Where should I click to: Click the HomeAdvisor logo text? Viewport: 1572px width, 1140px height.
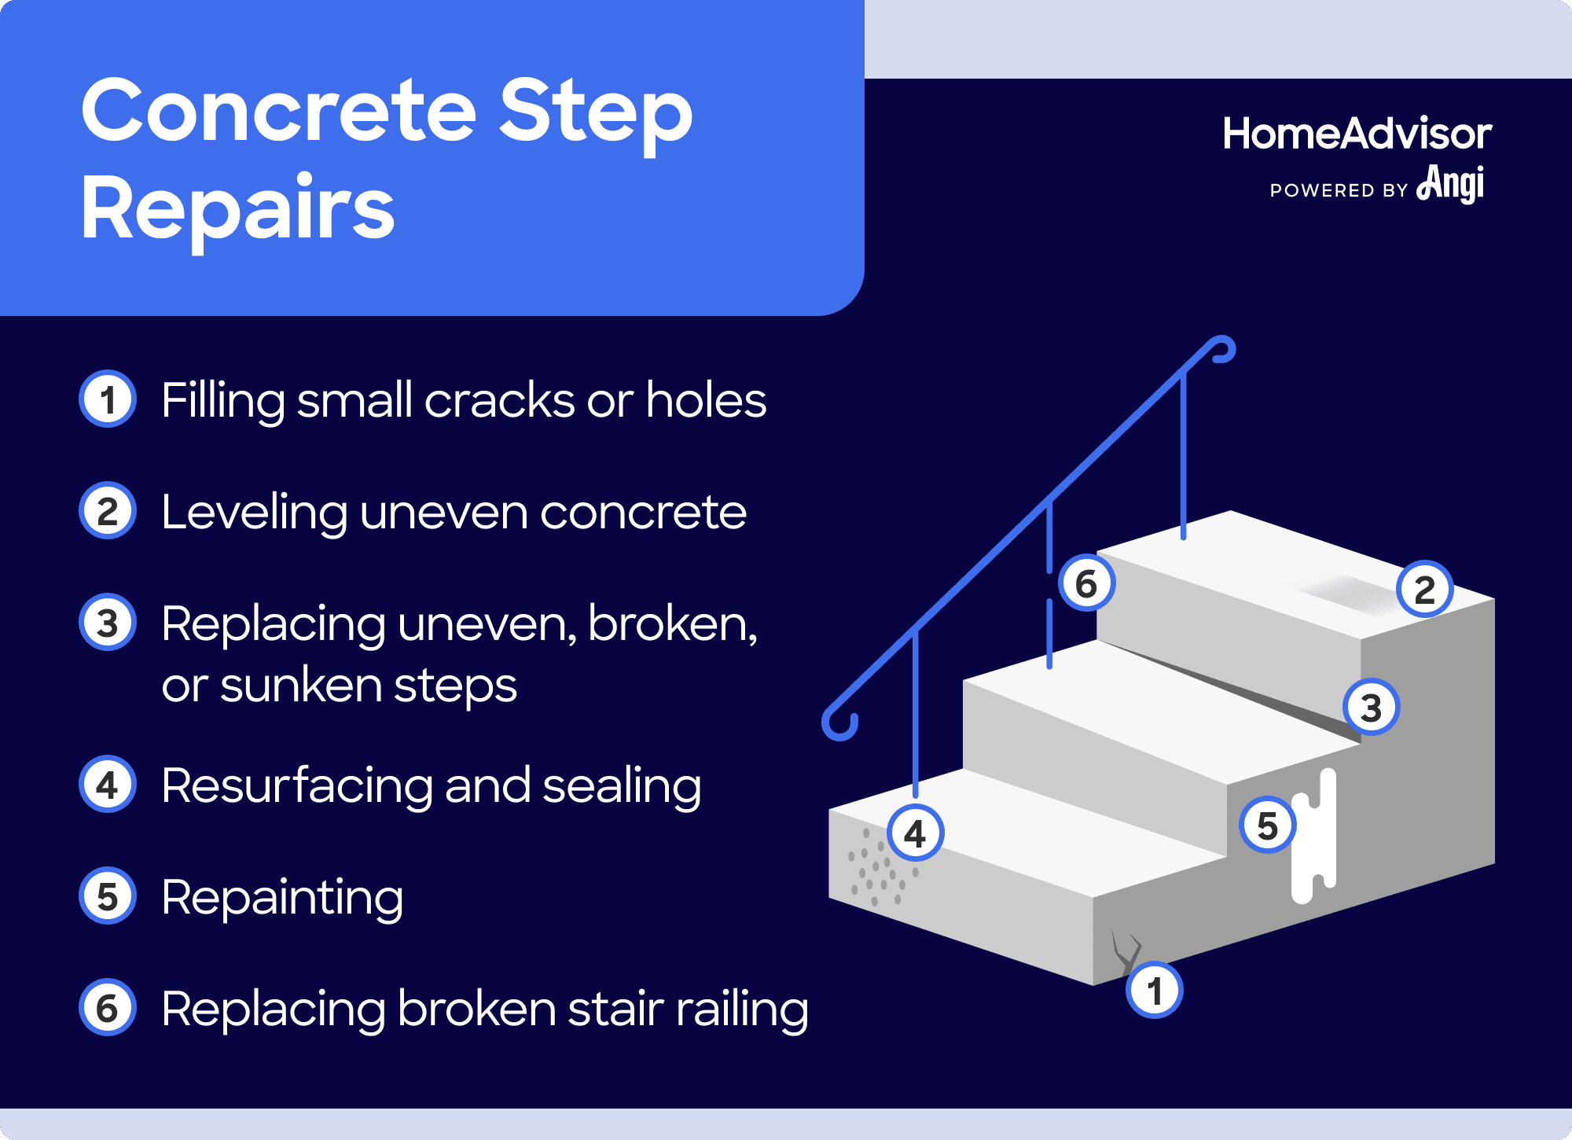[x=1357, y=134]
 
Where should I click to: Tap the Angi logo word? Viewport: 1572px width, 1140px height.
[x=1451, y=184]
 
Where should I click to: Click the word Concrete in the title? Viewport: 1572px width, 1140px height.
[x=279, y=111]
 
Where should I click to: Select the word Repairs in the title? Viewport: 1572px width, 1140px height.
[x=237, y=208]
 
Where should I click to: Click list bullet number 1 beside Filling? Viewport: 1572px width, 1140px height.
[x=108, y=399]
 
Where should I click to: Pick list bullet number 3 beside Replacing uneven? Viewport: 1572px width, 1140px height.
[x=108, y=622]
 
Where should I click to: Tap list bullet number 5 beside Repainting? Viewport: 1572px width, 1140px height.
[x=108, y=895]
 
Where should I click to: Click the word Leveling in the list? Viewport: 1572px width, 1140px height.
[x=254, y=513]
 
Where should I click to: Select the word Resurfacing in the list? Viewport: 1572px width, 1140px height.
[x=297, y=785]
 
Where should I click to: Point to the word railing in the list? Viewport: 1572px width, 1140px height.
[x=742, y=1009]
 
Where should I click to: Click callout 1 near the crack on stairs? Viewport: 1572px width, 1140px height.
[x=1154, y=990]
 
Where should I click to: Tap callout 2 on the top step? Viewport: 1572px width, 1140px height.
[x=1424, y=589]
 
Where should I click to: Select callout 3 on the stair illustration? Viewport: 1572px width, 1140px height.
[x=1371, y=707]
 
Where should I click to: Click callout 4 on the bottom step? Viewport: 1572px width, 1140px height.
[x=915, y=833]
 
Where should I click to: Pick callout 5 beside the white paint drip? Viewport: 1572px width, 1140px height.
[x=1267, y=825]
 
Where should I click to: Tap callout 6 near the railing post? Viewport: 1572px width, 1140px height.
[x=1086, y=583]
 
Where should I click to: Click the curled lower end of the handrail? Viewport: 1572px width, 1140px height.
[x=839, y=723]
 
